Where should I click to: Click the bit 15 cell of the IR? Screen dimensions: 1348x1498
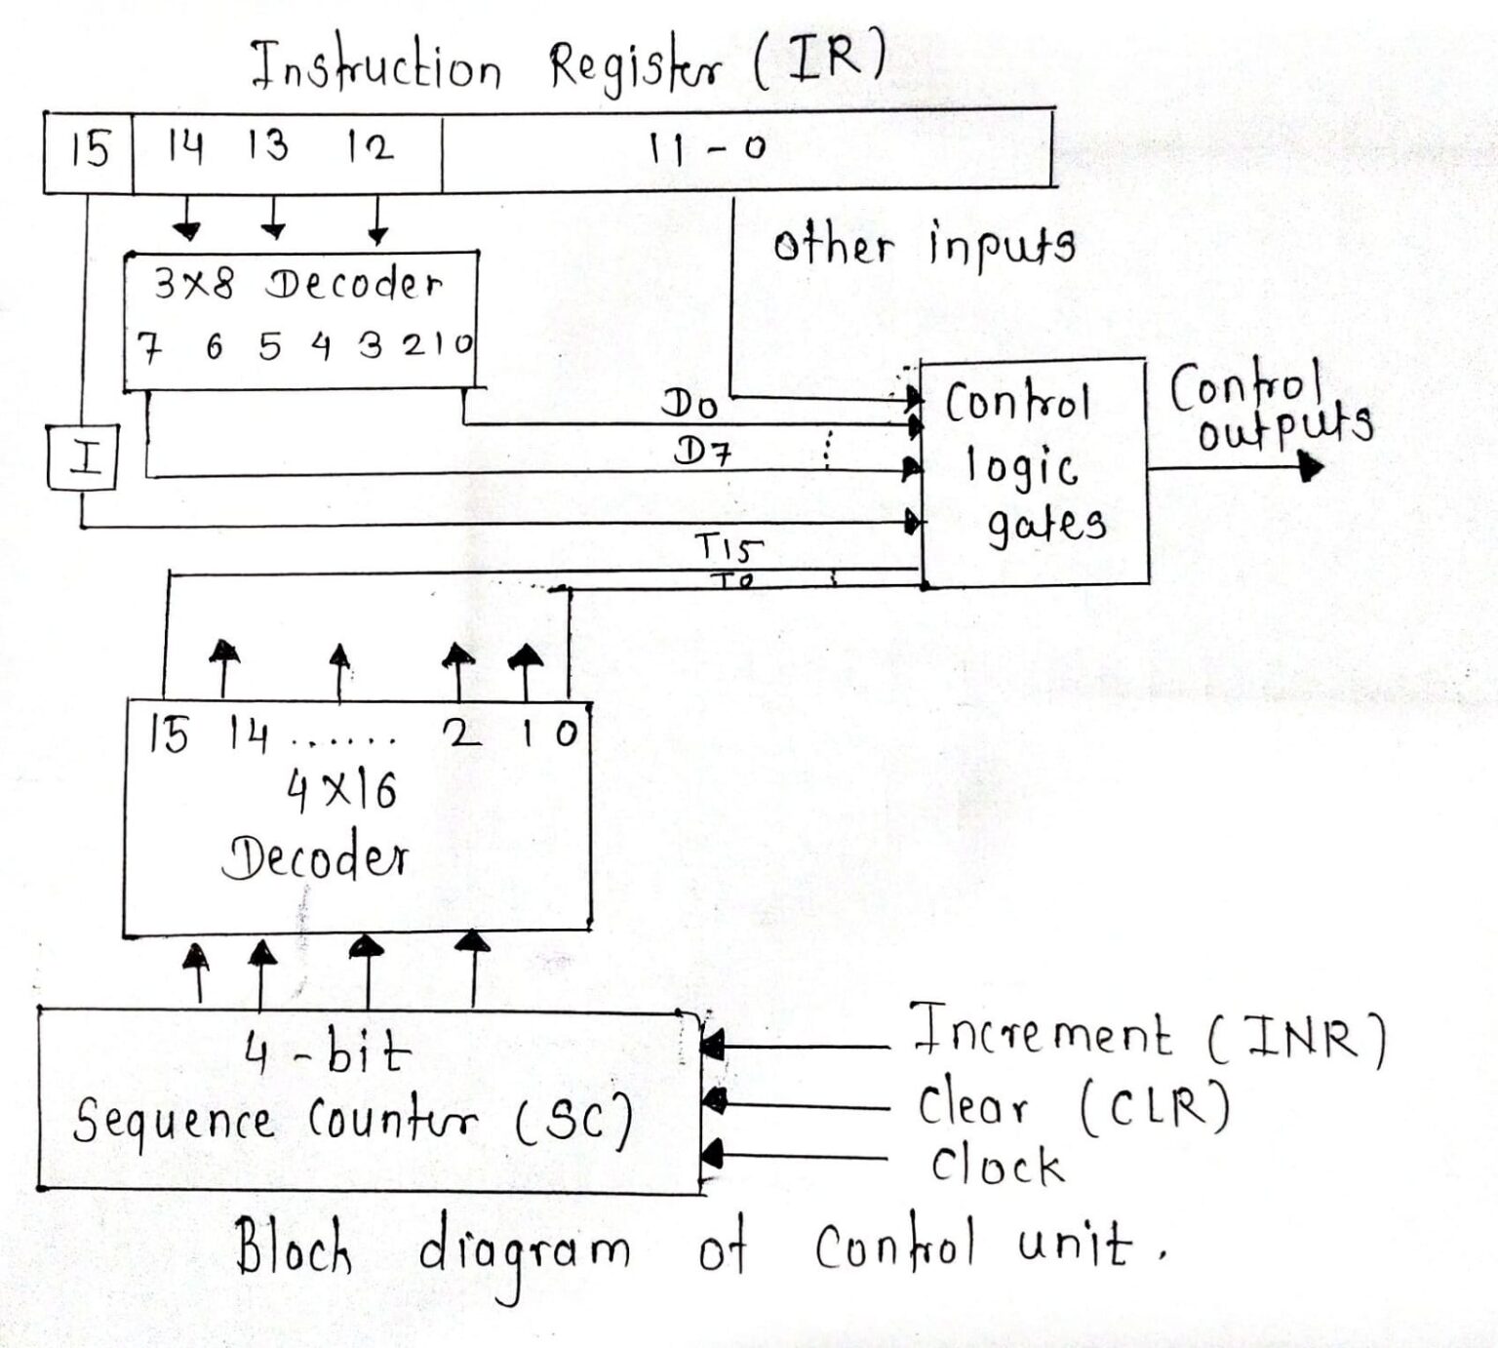point(89,151)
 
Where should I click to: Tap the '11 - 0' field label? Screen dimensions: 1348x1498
point(706,148)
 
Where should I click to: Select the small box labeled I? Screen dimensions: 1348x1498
point(84,456)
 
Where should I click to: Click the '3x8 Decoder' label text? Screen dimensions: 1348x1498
point(297,284)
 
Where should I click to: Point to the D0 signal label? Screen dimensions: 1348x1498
point(690,402)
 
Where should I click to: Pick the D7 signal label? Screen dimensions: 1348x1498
point(703,451)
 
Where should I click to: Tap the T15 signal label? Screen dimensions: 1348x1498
point(728,547)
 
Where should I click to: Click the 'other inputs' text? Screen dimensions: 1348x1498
point(924,245)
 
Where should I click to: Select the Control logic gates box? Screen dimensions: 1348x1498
point(1034,470)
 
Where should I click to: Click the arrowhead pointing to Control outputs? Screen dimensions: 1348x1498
point(1312,467)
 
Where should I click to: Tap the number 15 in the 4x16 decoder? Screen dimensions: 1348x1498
point(169,733)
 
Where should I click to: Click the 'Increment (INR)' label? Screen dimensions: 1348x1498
point(1146,1037)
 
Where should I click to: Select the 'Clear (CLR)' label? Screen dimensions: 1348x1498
point(1073,1106)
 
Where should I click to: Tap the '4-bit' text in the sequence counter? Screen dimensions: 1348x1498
point(328,1052)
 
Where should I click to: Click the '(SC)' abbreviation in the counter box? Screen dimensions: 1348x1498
point(574,1120)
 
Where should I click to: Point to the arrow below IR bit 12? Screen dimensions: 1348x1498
point(378,231)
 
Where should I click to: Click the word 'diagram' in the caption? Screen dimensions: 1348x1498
point(524,1250)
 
